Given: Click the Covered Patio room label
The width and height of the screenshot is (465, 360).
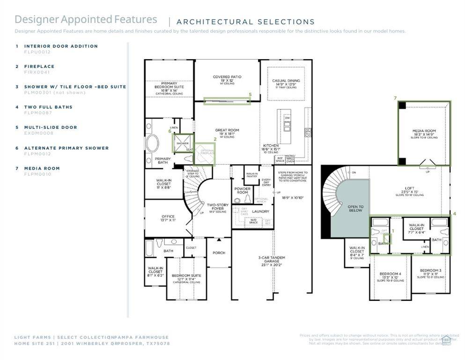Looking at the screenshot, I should pos(227,77).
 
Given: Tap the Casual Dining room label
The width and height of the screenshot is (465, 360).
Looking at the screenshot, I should pos(286,81).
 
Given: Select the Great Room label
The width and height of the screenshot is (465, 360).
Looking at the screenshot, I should pos(227,130).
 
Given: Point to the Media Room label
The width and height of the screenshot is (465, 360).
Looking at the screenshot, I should pos(424,131).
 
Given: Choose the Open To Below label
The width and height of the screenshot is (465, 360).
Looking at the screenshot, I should pos(355,209).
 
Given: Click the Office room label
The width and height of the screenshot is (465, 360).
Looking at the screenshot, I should pos(168,217).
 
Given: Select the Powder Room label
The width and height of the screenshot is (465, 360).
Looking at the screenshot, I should pos(242,190).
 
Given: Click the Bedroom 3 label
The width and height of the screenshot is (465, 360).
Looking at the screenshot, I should pos(430,270).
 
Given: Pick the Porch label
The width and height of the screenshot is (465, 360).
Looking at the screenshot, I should pos(219,253).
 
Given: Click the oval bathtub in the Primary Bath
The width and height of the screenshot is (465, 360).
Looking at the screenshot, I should pos(152,143).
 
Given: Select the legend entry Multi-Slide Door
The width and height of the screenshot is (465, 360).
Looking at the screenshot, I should pos(51,127).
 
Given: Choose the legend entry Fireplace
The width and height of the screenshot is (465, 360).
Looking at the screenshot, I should pos(39,67).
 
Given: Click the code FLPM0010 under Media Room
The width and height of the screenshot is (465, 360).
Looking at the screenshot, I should pos(37,174).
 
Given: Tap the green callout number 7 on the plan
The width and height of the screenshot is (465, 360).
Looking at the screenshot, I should pos(395,98).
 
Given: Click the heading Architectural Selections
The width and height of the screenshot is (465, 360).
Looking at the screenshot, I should pos(245,22).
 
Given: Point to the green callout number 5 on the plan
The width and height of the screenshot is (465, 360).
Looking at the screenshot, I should pos(250,95).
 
